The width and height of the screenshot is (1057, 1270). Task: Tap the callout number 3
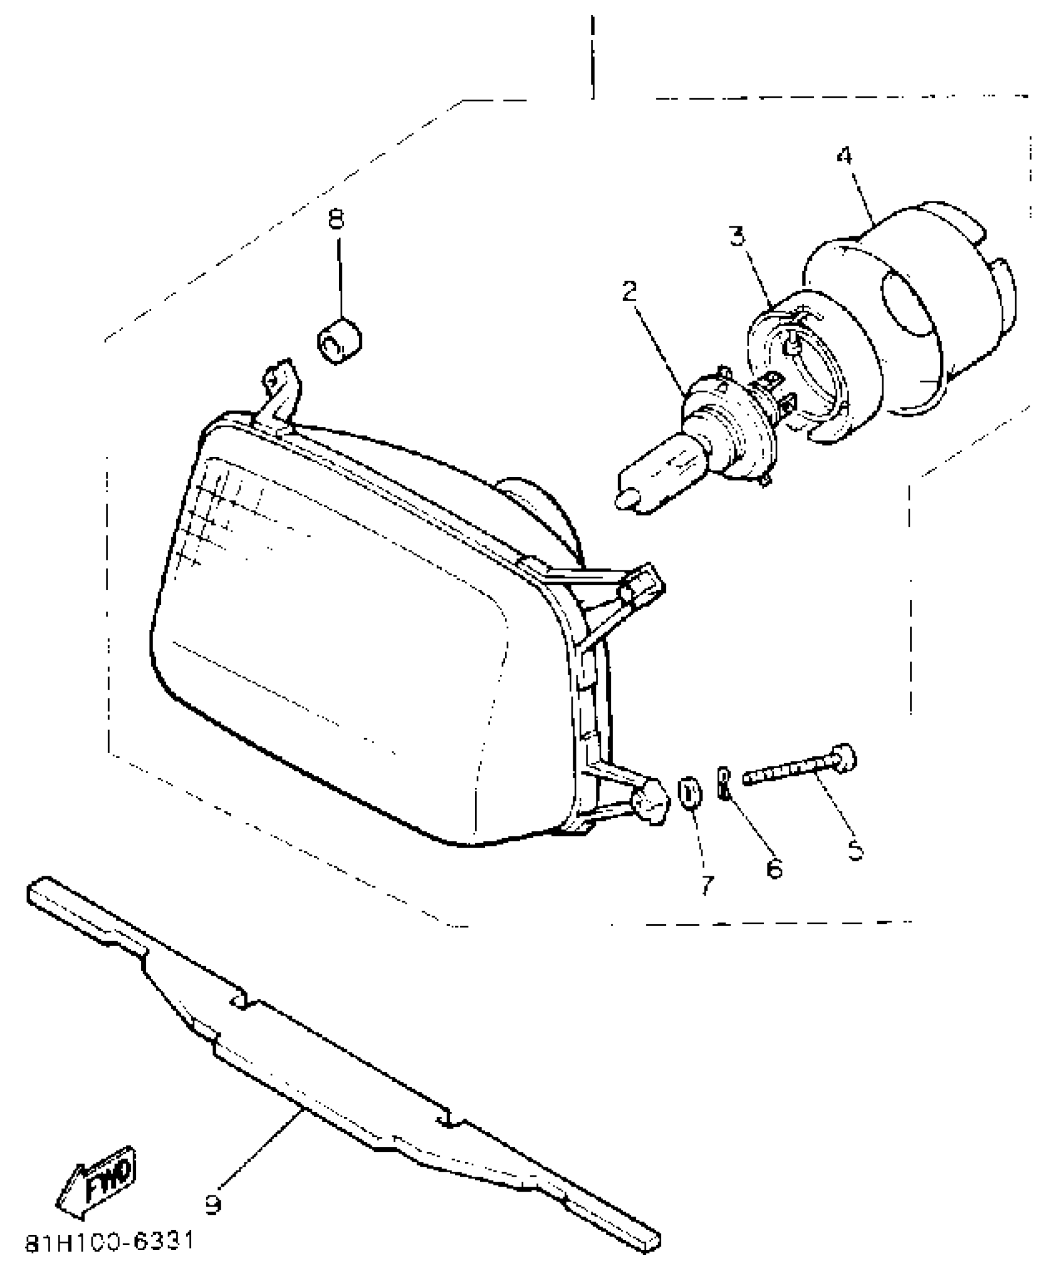point(737,237)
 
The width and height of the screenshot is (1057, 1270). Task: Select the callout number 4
point(844,155)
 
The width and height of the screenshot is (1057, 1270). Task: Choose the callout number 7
point(706,885)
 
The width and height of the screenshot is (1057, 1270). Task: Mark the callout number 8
point(336,219)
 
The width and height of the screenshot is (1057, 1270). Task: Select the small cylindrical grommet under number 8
point(339,341)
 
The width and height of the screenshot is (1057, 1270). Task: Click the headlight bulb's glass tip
point(624,499)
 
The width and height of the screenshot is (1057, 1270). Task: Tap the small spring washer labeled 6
point(723,785)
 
